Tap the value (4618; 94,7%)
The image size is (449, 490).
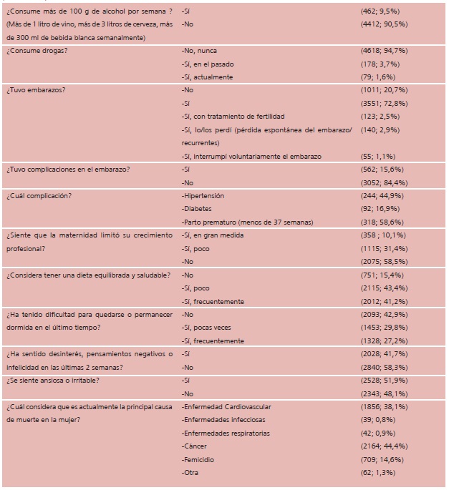tap(383, 51)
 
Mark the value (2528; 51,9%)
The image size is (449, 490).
tap(383, 380)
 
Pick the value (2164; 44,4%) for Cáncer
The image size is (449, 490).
tap(383, 446)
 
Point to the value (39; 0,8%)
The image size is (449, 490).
tap(377, 419)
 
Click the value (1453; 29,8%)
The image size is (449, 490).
tap(383, 328)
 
